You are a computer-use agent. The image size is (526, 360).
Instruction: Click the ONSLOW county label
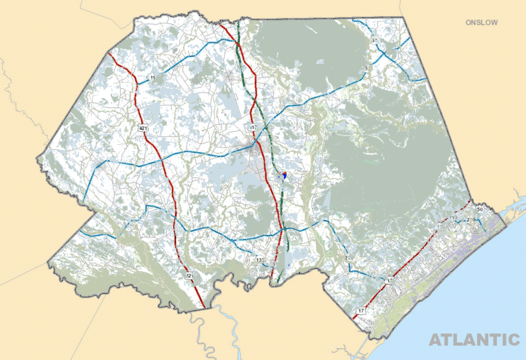point(481,23)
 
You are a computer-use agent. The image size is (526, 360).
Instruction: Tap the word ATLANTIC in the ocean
point(474,340)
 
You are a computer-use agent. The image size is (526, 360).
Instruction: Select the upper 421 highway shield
point(142,128)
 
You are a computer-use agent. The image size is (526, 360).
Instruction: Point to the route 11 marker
point(153,78)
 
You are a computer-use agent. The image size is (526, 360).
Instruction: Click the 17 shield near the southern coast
point(361,311)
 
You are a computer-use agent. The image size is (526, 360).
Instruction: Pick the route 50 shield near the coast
point(480,210)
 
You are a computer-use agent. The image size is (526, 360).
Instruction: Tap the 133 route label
point(259,260)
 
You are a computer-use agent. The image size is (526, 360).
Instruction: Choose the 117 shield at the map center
point(253,128)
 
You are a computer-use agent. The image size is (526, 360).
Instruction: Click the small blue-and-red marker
point(284,175)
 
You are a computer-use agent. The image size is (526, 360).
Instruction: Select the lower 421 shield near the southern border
point(189,275)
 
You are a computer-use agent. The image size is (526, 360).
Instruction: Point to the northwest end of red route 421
point(108,53)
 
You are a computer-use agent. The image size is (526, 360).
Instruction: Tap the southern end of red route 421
point(204,306)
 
